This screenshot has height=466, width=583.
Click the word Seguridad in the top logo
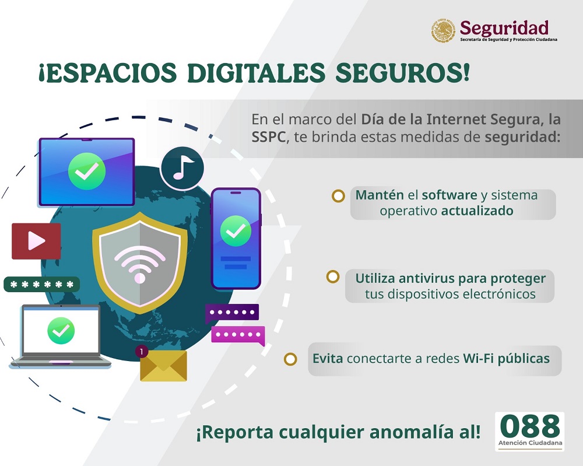coord(504,27)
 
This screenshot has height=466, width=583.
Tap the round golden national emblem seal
coord(443,31)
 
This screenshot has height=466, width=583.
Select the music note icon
coord(182,168)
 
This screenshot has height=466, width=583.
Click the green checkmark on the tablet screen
coord(86,171)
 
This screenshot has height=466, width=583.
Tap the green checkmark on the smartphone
coord(236,232)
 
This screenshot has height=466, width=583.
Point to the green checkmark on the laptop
coord(61,331)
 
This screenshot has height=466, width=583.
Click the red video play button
coord(36,241)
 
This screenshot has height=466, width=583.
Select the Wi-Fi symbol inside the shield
coord(139,265)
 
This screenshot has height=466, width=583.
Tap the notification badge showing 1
coord(142,352)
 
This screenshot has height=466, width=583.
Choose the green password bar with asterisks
coord(41,285)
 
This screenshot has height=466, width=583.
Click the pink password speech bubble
coord(237,335)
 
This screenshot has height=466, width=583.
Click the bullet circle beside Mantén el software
coord(338,196)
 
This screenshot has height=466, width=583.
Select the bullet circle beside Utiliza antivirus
coord(333,276)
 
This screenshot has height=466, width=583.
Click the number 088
coord(529,428)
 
